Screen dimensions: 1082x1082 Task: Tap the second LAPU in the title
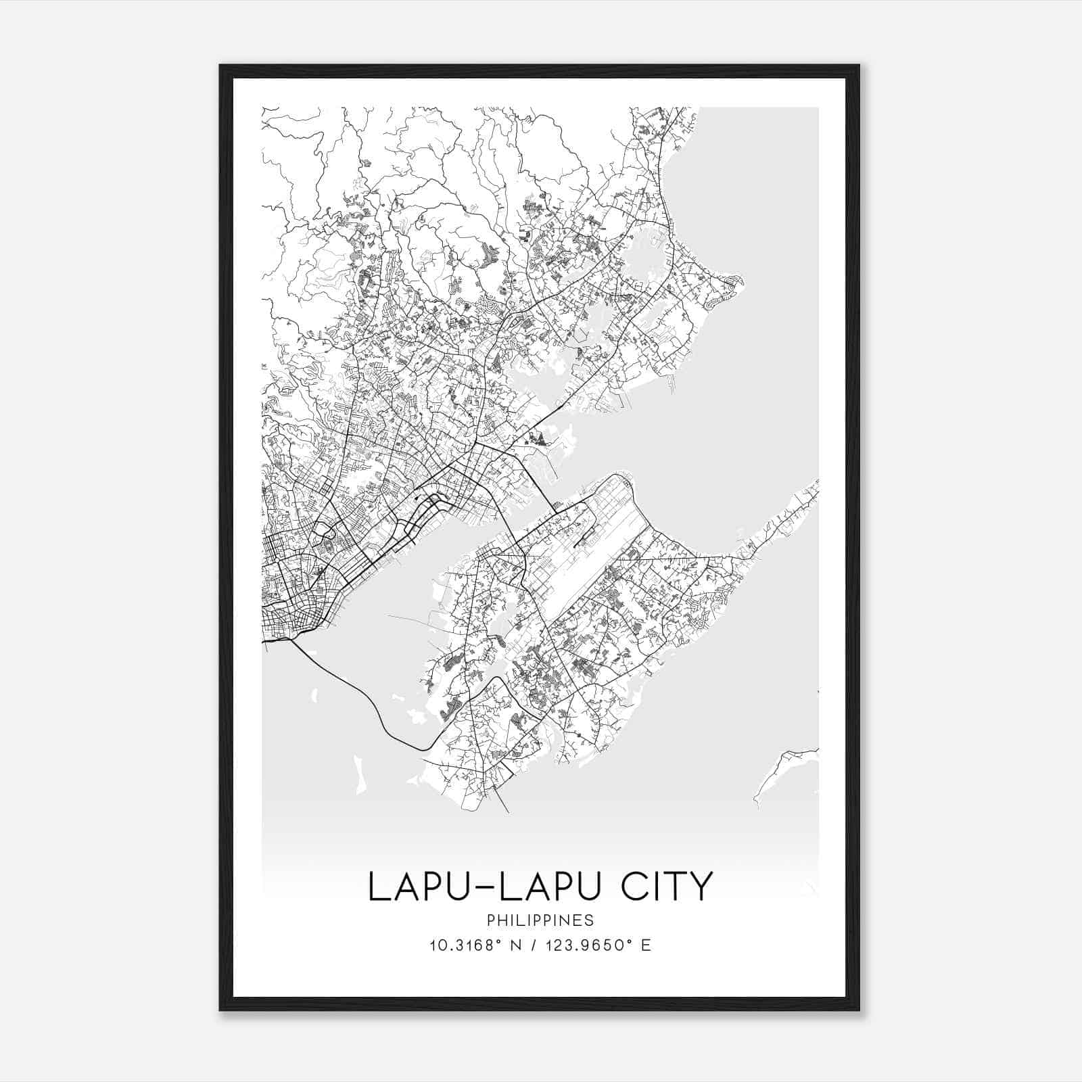pos(550,887)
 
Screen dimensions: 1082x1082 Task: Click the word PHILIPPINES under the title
pos(540,920)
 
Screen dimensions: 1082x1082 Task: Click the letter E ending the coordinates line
pos(646,945)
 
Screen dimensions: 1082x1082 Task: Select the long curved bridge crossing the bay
pos(365,703)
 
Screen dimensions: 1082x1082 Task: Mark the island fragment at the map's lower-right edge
pos(784,771)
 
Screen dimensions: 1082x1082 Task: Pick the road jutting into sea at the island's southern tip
pos(504,801)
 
